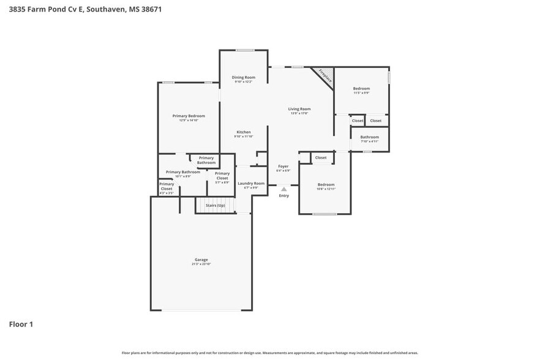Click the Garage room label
pyautogui.click(x=202, y=260)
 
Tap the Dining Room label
pyautogui.click(x=243, y=78)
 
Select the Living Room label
pyautogui.click(x=299, y=110)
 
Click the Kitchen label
pyautogui.click(x=244, y=132)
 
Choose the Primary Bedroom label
pyautogui.click(x=189, y=116)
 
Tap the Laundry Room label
pyautogui.click(x=251, y=184)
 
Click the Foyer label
pyautogui.click(x=283, y=167)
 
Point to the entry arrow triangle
pyautogui.click(x=284, y=189)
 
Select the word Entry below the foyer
pyautogui.click(x=284, y=196)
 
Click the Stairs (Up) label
pyautogui.click(x=215, y=205)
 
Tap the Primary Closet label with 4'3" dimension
pyautogui.click(x=167, y=187)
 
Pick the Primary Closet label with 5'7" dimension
pyautogui.click(x=222, y=176)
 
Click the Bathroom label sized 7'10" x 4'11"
pyautogui.click(x=369, y=138)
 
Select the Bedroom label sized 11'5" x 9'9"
pyautogui.click(x=361, y=89)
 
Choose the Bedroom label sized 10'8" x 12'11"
pyautogui.click(x=326, y=185)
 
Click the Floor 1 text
pyautogui.click(x=21, y=324)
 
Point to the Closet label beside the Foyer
pyautogui.click(x=321, y=158)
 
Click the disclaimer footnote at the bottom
pyautogui.click(x=270, y=353)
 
